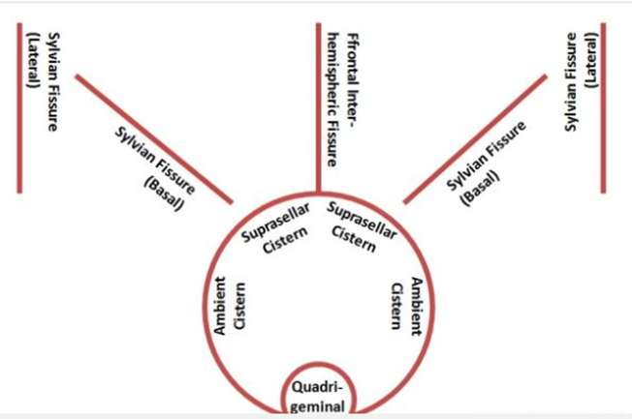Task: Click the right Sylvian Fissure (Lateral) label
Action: (x=582, y=81)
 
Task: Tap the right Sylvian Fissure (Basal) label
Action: (x=486, y=164)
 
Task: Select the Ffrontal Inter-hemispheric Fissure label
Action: (x=342, y=100)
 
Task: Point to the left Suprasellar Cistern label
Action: (x=275, y=228)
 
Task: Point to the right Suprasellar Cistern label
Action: (x=362, y=227)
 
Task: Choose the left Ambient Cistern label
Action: (x=230, y=306)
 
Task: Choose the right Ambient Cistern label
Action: (x=407, y=307)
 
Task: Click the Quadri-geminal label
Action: (x=318, y=397)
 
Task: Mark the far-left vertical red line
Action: (x=19, y=107)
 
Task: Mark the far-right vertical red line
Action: (x=603, y=107)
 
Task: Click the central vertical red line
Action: (x=318, y=107)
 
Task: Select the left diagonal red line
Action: (x=154, y=139)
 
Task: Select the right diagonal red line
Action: (x=476, y=139)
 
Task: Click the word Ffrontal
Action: (x=352, y=59)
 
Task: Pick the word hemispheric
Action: (x=332, y=105)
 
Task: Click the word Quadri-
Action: (x=317, y=388)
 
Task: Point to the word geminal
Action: (x=318, y=406)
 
